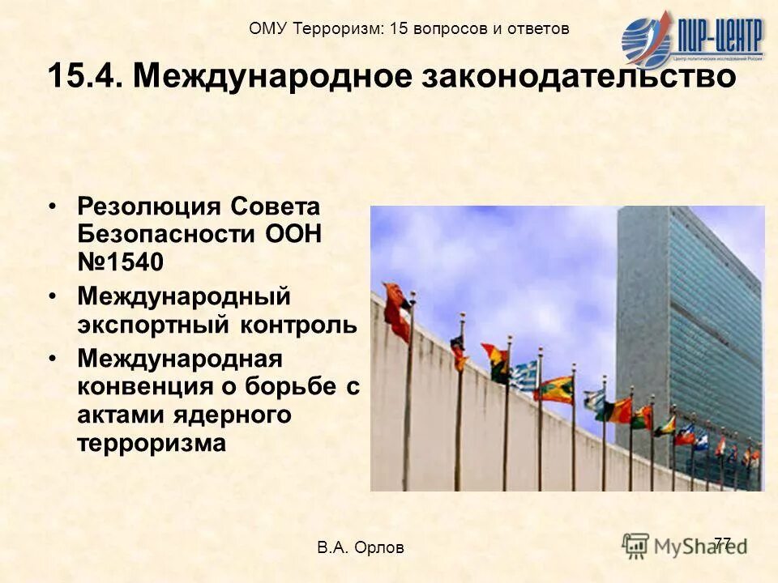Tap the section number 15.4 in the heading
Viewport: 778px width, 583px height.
coord(85,76)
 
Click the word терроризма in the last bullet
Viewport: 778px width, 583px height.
coord(152,443)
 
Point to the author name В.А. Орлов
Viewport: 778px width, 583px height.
coord(361,548)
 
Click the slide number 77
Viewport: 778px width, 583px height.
coord(723,543)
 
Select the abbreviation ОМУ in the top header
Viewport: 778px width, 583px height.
coord(267,29)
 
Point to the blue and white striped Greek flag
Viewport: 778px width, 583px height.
coord(524,375)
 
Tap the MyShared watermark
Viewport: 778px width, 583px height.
coord(685,544)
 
